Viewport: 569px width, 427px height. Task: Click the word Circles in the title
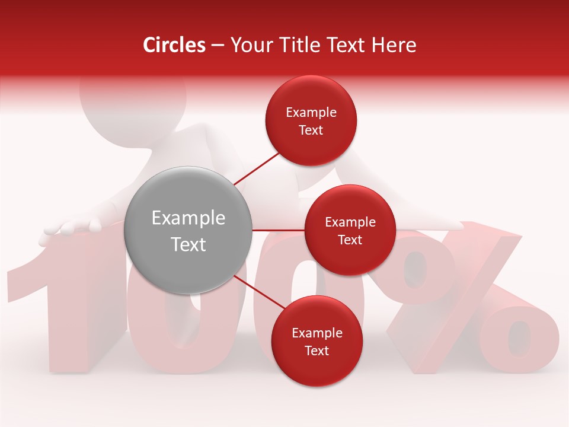click(174, 45)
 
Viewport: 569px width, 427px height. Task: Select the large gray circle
click(188, 230)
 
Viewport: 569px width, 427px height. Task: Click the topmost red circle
click(311, 120)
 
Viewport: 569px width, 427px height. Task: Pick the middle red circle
click(350, 230)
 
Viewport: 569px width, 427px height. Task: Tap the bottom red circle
click(317, 341)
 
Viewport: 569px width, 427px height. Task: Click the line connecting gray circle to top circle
click(256, 168)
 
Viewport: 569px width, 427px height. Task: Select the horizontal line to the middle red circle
click(278, 230)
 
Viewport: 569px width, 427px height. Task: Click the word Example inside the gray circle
click(188, 218)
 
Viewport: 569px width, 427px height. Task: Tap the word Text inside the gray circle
click(188, 244)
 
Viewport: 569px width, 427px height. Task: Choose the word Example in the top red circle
click(311, 112)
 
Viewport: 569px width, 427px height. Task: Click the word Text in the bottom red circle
click(317, 350)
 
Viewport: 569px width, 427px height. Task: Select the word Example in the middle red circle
click(350, 222)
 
